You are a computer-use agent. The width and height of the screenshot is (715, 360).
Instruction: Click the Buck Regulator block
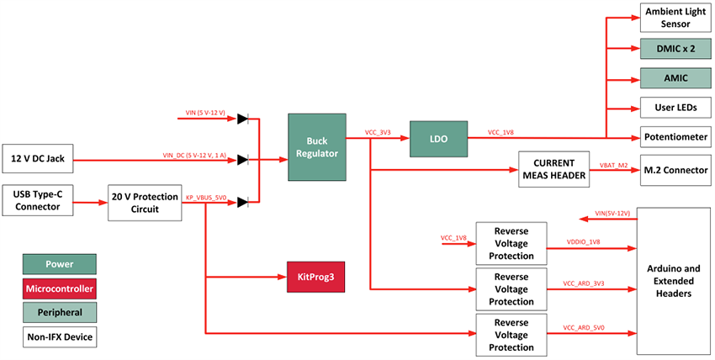[316, 146]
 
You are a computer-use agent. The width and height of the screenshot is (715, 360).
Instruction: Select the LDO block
[437, 139]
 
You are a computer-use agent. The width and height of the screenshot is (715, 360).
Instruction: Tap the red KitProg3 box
[316, 276]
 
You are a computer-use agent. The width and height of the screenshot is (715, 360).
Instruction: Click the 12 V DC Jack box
[39, 157]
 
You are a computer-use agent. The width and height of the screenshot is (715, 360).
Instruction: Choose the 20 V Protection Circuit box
[145, 203]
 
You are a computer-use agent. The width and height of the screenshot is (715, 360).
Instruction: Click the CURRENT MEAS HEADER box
[555, 168]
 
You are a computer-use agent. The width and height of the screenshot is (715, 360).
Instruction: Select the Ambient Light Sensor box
[674, 18]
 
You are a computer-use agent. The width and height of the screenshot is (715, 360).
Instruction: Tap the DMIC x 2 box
[674, 50]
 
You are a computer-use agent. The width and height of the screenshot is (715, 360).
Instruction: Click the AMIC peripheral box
[674, 78]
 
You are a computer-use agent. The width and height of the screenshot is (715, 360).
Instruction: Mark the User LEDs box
[674, 108]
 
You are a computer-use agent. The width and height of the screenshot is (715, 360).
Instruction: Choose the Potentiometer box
[674, 136]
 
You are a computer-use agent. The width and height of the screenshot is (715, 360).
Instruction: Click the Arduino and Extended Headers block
[674, 281]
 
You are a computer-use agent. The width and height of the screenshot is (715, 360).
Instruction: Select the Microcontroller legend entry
[59, 289]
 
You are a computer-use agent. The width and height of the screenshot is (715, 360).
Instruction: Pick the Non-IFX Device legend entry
[59, 337]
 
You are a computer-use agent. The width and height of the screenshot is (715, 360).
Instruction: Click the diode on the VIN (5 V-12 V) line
[243, 119]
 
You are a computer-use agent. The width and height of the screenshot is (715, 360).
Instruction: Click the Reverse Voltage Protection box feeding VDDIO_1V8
[511, 242]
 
